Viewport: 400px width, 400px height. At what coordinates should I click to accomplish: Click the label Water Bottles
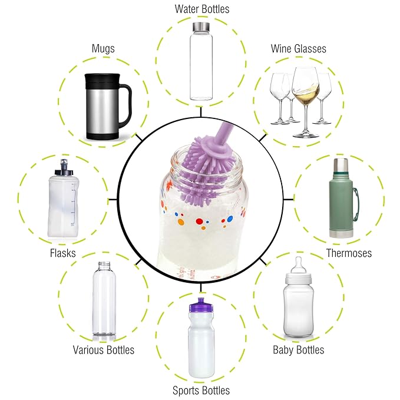coord(202,9)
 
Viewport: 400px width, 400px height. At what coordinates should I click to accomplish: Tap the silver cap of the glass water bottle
coord(201,26)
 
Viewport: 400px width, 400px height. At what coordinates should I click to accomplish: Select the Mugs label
coord(103,48)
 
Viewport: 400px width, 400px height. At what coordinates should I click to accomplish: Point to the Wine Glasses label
coord(299,49)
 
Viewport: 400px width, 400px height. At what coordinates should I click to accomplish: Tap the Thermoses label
coord(349,253)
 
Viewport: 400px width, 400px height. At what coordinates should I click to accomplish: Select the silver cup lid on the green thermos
coord(341,166)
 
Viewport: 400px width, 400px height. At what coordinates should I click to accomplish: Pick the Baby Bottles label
coord(299,350)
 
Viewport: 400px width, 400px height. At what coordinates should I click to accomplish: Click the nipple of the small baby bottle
coord(298,265)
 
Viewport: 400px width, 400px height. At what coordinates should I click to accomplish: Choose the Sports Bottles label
coord(201,391)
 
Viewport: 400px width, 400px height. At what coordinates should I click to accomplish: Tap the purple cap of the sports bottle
coord(201,305)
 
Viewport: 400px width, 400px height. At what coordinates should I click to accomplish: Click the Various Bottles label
coord(103,350)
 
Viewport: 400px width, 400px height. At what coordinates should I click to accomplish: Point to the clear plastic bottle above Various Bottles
coord(104,299)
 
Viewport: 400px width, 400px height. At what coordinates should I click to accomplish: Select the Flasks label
coord(63,253)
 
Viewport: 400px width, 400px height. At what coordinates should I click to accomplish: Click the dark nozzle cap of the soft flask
coord(64,168)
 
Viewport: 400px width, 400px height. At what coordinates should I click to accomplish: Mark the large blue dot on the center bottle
coord(230,219)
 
